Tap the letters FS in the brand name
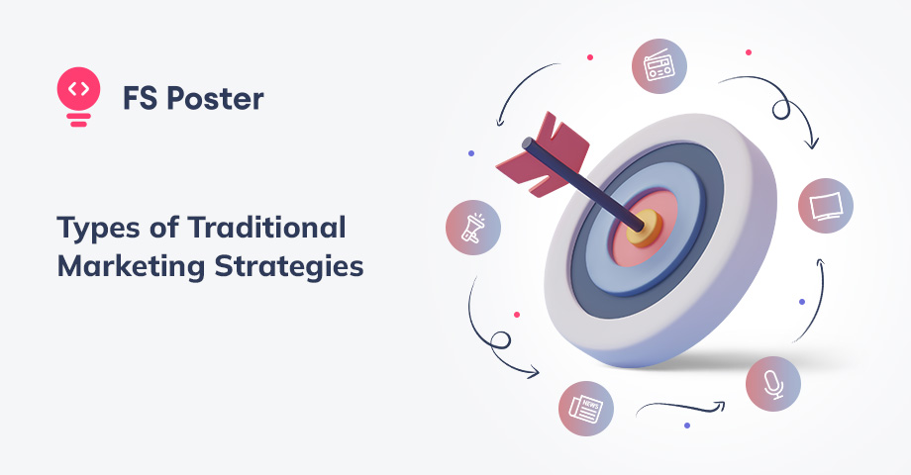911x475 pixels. tap(139, 99)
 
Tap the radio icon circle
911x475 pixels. tap(658, 67)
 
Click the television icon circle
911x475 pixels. tap(825, 206)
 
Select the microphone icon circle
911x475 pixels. tap(773, 384)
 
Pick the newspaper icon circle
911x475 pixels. tap(585, 407)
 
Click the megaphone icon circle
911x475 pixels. tap(473, 227)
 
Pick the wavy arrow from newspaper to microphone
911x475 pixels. tap(683, 405)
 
